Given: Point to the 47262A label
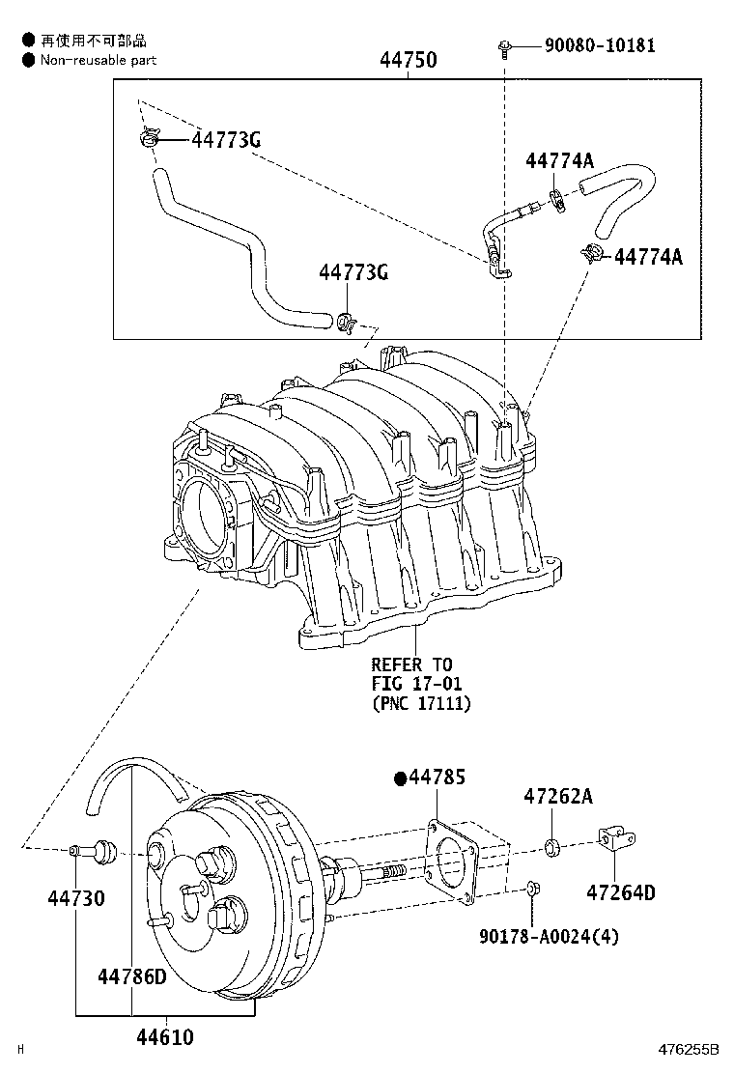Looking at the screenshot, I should pos(557,797).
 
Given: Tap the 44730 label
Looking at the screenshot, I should pos(75,898).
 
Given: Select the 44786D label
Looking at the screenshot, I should pos(131,976).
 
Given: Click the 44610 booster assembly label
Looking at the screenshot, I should pos(164,1038).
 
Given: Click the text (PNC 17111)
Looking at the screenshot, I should pos(421,704).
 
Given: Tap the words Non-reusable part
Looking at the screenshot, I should pos(98,59).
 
